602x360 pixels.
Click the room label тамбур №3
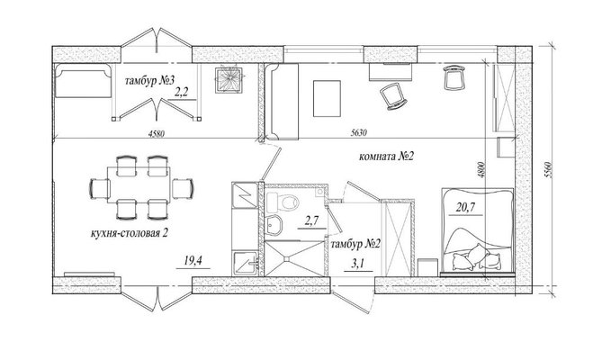[150, 81]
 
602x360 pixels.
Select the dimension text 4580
[157, 133]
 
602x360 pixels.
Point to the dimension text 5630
[359, 133]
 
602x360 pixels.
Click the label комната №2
[387, 157]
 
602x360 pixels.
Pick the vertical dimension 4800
[481, 170]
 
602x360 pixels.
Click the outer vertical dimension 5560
[549, 170]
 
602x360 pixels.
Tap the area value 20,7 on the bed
[466, 208]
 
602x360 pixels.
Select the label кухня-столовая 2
[130, 233]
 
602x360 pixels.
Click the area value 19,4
[193, 261]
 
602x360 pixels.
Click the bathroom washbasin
[274, 224]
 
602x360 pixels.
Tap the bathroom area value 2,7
[311, 220]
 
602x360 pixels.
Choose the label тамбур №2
[355, 244]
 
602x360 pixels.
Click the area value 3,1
[357, 264]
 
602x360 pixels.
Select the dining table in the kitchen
[139, 184]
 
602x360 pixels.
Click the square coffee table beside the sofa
[328, 98]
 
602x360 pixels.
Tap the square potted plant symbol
[229, 80]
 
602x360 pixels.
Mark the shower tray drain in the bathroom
[286, 259]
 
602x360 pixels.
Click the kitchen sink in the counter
[245, 264]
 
